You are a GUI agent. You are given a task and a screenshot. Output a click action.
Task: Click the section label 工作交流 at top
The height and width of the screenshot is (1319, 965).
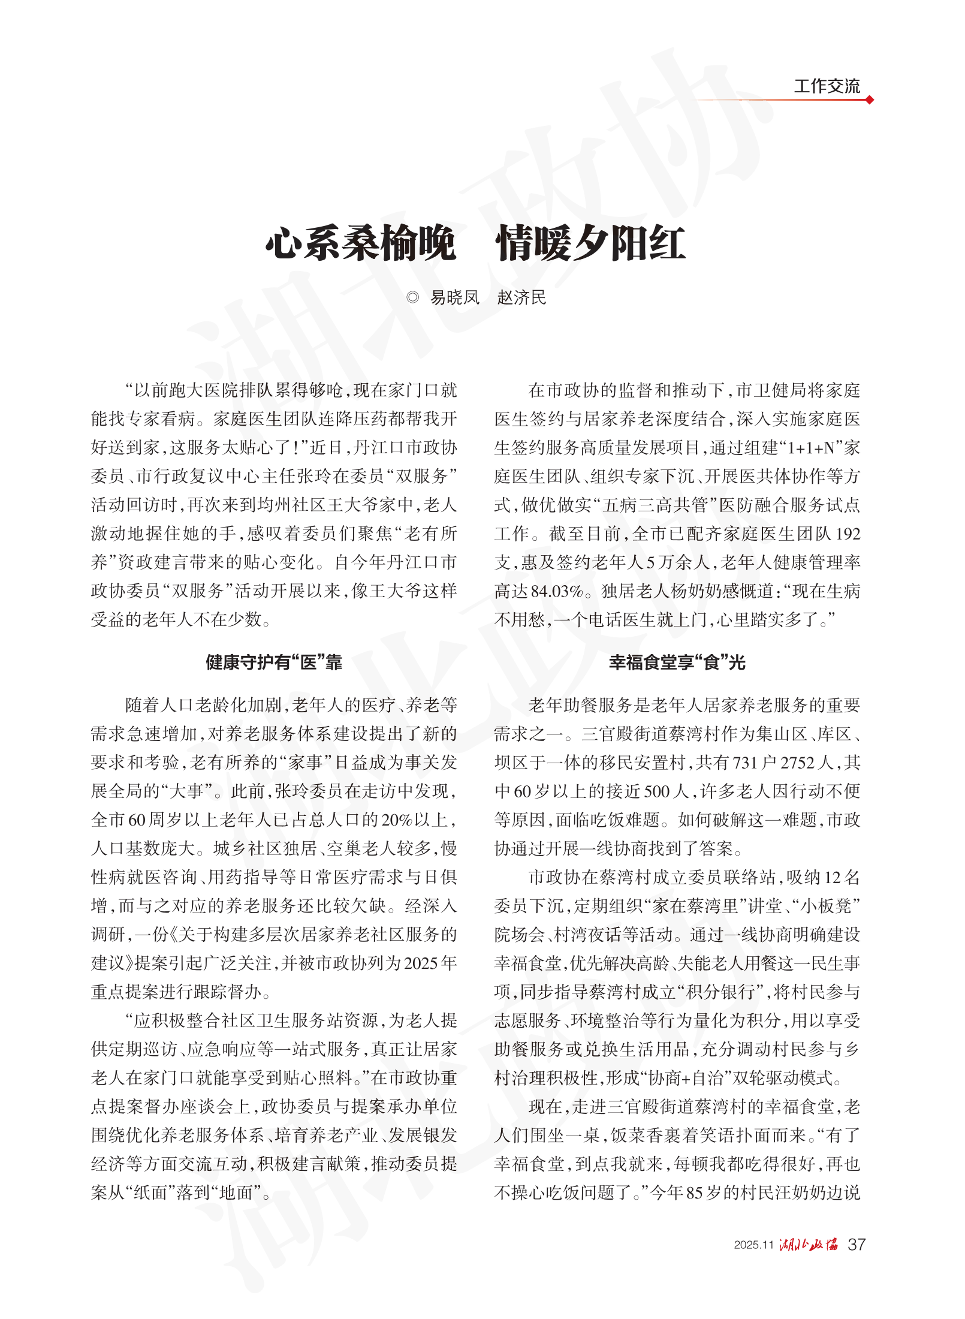pos(827,86)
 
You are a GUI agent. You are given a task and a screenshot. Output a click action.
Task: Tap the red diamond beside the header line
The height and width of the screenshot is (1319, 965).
pos(870,100)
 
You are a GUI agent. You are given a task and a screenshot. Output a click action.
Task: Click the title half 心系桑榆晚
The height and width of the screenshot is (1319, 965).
pos(361,244)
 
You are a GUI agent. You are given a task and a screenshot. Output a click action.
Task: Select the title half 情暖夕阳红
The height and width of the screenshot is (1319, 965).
pos(590,244)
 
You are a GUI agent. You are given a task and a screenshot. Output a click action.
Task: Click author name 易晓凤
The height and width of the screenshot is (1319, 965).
pos(455,297)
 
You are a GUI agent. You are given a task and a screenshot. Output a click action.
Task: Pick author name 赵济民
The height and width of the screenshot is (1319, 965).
pos(521,297)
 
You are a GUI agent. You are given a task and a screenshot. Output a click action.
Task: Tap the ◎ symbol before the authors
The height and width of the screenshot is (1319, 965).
pos(412,297)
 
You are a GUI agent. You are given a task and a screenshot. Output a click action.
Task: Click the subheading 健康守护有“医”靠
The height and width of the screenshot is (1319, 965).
pos(274,662)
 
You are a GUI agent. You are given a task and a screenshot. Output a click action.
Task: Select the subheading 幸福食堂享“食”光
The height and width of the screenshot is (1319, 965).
pos(677,662)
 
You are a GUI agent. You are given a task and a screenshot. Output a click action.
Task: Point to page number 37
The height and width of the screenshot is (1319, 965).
pos(857,1244)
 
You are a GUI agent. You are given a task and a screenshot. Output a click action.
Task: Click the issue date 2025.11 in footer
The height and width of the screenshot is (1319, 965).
pos(754,1245)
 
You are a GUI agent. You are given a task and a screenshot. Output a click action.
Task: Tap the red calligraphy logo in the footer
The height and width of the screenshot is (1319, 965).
pos(809,1244)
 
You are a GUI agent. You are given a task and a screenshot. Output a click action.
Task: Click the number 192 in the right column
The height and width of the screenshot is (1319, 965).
pos(848,534)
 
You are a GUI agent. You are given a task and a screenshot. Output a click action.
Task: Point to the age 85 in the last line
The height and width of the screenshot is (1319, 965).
pos(694,1192)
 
